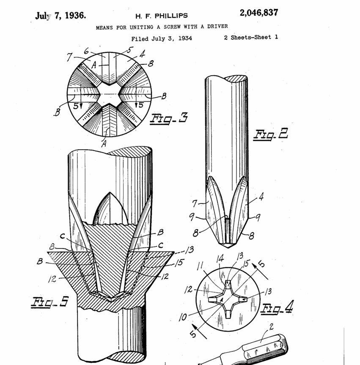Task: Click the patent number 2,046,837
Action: (259, 13)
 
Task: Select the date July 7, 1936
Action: (60, 16)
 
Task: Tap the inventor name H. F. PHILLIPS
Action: (162, 16)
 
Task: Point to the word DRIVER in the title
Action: (217, 26)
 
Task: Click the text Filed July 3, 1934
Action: (162, 38)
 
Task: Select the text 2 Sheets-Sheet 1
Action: (251, 37)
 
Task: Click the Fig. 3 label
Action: (169, 118)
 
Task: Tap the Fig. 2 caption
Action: (271, 134)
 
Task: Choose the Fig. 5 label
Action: (50, 302)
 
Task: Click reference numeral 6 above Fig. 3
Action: (86, 51)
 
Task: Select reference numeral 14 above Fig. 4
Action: (220, 258)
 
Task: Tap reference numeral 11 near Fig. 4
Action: (200, 266)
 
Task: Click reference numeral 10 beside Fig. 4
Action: (183, 317)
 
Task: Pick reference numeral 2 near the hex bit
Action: (271, 327)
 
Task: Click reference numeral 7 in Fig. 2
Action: (195, 203)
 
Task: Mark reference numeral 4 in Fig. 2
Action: (261, 197)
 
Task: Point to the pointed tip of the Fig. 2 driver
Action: (228, 246)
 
